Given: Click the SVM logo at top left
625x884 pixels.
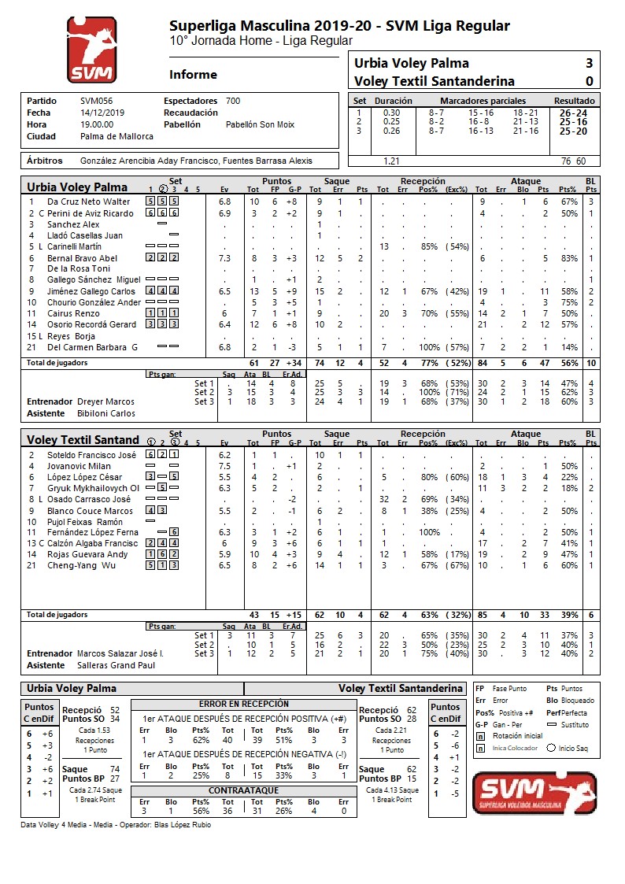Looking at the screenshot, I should pos(91,50).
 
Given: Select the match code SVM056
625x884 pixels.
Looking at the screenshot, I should pos(97,102).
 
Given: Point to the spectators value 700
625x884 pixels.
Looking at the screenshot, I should pos(233,102).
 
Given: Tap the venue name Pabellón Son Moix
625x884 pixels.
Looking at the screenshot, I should pos(260,124).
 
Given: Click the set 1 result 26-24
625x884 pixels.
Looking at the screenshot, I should pos(573,113).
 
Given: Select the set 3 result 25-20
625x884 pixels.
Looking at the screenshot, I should pos(573,131).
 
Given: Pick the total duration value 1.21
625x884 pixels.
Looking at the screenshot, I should pos(390,161).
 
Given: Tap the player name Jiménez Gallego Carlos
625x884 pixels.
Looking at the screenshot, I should pos(91,291).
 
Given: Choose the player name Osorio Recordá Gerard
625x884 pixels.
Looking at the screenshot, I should pos(92,324).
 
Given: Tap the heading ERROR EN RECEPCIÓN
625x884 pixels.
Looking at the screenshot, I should pos(244,704).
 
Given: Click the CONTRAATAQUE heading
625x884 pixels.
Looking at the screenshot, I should pos(244,790).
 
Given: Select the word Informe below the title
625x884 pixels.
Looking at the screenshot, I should pos(193,75).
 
